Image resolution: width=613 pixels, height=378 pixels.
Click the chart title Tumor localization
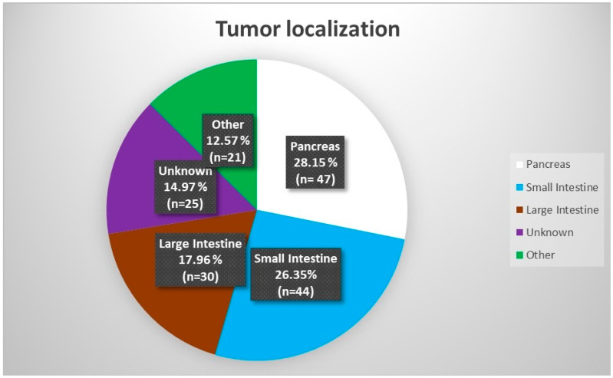[308, 29]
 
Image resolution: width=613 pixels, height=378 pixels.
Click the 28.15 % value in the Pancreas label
[315, 163]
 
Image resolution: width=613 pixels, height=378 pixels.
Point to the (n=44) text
[295, 291]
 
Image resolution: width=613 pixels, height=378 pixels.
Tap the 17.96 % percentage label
[200, 260]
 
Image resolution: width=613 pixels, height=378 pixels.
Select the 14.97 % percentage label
[186, 187]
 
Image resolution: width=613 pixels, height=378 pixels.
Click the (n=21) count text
[228, 157]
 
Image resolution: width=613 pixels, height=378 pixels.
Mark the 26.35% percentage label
[295, 274]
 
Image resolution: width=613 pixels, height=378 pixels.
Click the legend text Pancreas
[548, 164]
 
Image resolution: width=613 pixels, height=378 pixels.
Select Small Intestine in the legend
[562, 187]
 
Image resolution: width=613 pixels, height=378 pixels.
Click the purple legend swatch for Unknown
[519, 232]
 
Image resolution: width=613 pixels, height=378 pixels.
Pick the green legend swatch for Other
[519, 255]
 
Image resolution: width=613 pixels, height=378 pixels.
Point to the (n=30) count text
[200, 276]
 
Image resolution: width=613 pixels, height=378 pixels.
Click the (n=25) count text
[186, 204]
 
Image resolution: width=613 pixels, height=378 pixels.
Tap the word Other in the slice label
[228, 125]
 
